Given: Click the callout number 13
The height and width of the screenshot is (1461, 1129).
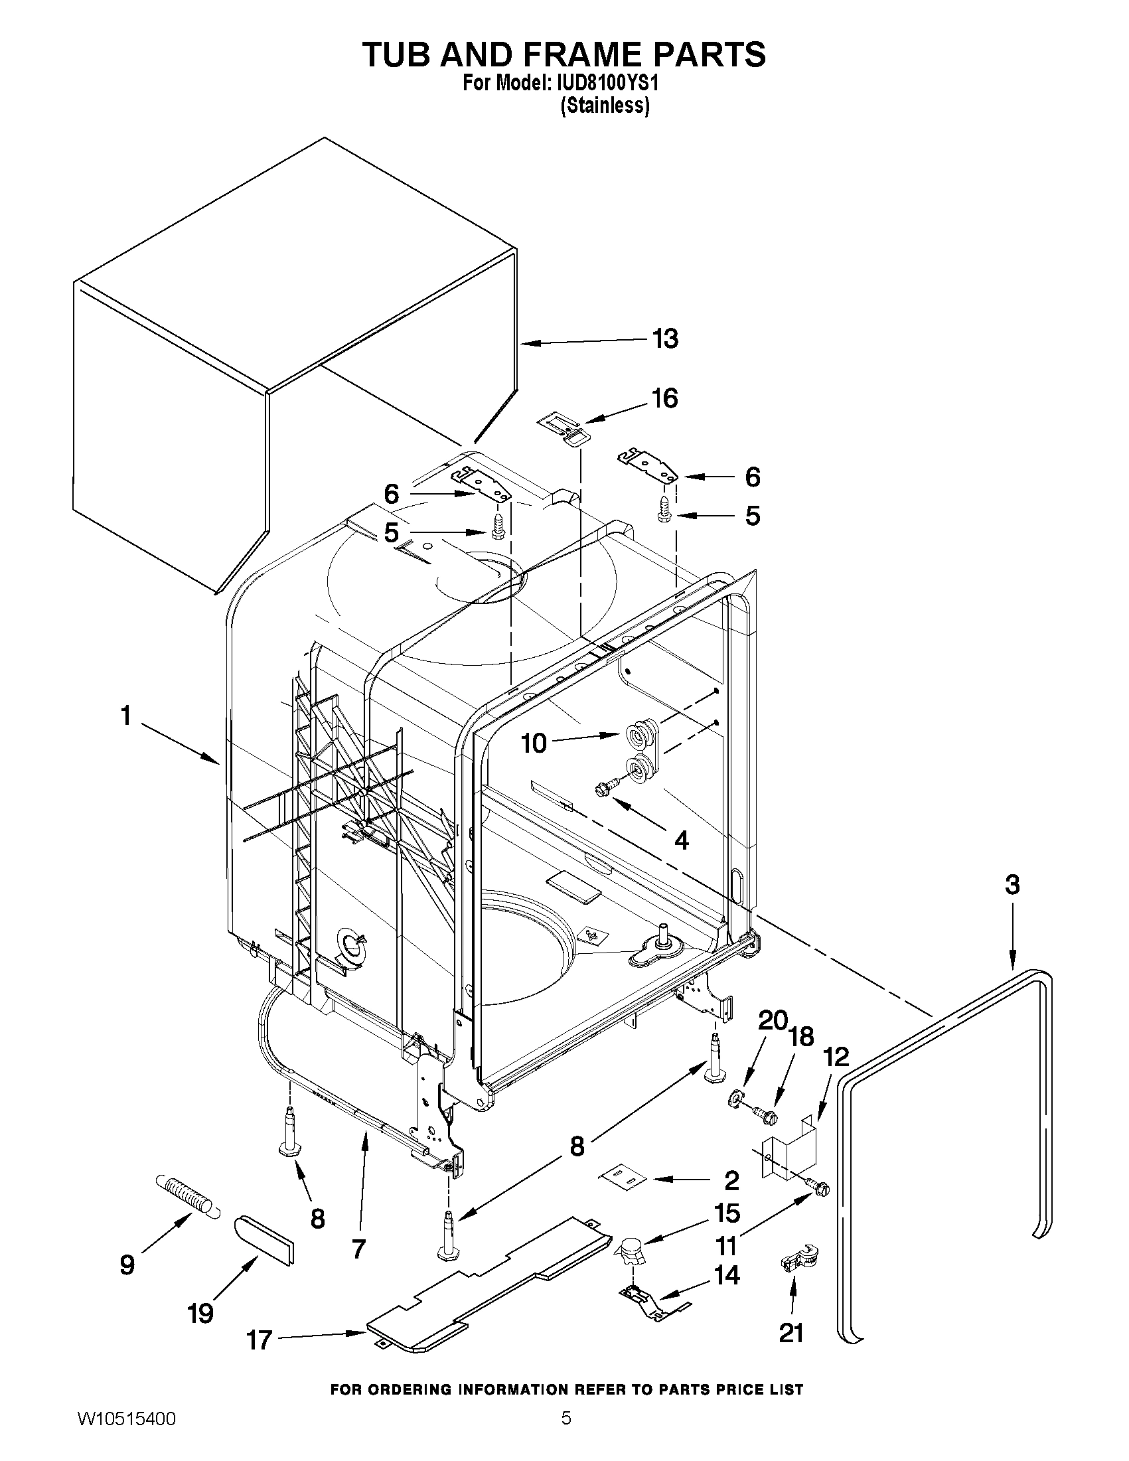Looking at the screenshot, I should pyautogui.click(x=665, y=339).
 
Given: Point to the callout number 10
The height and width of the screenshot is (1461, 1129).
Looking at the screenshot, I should pyautogui.click(x=534, y=743).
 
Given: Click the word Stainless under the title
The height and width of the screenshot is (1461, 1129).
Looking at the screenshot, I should pyautogui.click(x=605, y=106).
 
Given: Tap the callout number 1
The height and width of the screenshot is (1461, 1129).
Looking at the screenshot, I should pyautogui.click(x=125, y=716).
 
